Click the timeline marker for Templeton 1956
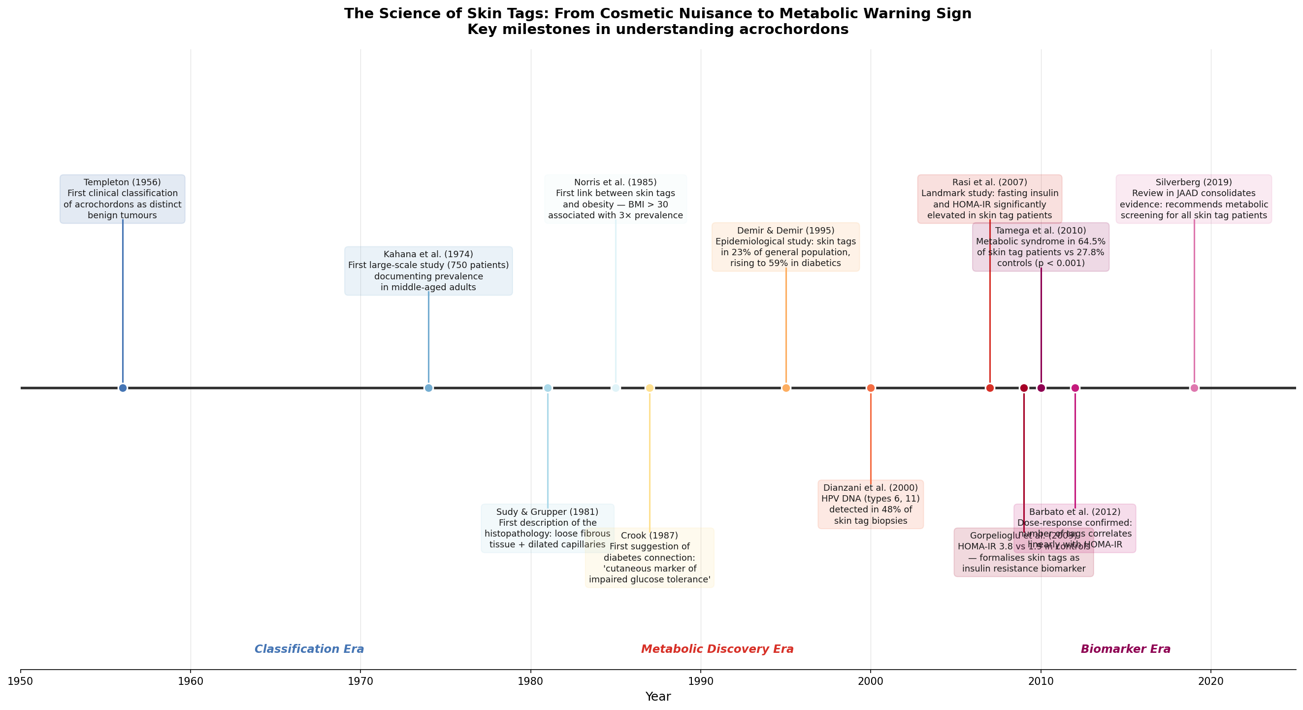point(123,388)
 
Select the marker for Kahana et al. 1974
point(428,388)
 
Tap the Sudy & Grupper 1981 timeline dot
point(547,388)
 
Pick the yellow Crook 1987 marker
point(650,388)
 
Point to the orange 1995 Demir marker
point(785,388)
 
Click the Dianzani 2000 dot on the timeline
point(871,388)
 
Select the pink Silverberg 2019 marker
point(1194,388)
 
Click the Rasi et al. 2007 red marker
point(990,388)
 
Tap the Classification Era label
point(309,649)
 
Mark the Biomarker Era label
point(1125,649)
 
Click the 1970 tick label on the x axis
point(360,681)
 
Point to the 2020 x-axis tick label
point(1211,681)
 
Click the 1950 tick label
point(21,681)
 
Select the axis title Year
point(657,697)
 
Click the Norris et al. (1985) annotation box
point(615,199)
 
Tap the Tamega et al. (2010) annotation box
point(1041,247)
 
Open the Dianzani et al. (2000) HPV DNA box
point(871,504)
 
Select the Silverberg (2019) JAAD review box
point(1194,199)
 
